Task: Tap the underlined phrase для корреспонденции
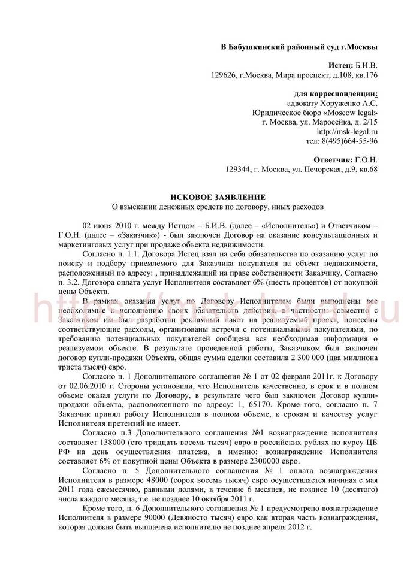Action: [x=337, y=93]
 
